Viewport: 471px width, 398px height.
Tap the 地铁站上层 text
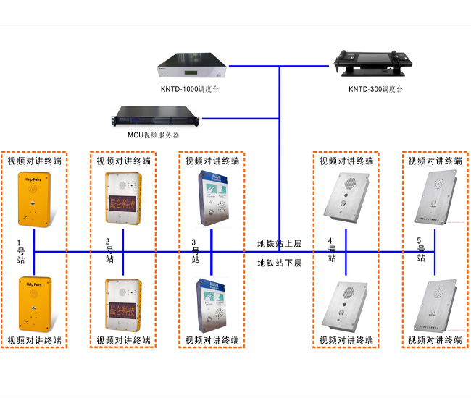coord(279,243)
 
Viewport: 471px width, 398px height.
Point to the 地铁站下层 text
coord(279,263)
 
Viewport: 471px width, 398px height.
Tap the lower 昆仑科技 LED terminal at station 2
coord(122,304)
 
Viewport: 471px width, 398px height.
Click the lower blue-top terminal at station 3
coord(211,305)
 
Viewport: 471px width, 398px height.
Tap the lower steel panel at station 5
coord(434,304)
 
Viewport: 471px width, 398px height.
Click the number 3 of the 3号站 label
coord(193,242)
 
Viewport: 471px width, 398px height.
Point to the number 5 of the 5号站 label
coord(420,240)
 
